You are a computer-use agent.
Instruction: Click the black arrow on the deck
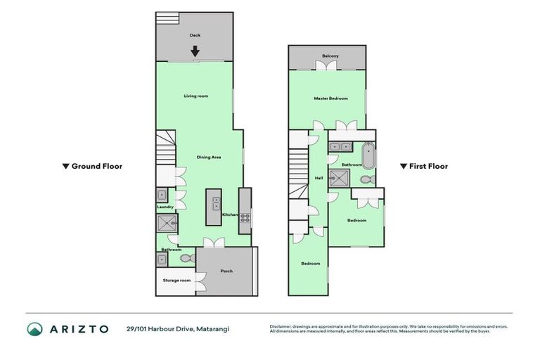(195, 51)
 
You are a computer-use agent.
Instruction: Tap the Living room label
(196, 96)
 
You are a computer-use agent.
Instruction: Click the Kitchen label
(229, 214)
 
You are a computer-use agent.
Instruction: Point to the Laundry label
(165, 207)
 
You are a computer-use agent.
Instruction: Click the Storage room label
(176, 281)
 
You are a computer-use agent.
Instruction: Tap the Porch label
(226, 271)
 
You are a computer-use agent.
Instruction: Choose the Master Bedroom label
(330, 98)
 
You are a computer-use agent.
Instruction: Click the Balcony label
(330, 56)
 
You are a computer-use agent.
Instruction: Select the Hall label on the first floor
(319, 178)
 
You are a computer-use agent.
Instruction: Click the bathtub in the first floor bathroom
(368, 154)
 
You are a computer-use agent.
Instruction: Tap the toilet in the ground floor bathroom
(186, 259)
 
